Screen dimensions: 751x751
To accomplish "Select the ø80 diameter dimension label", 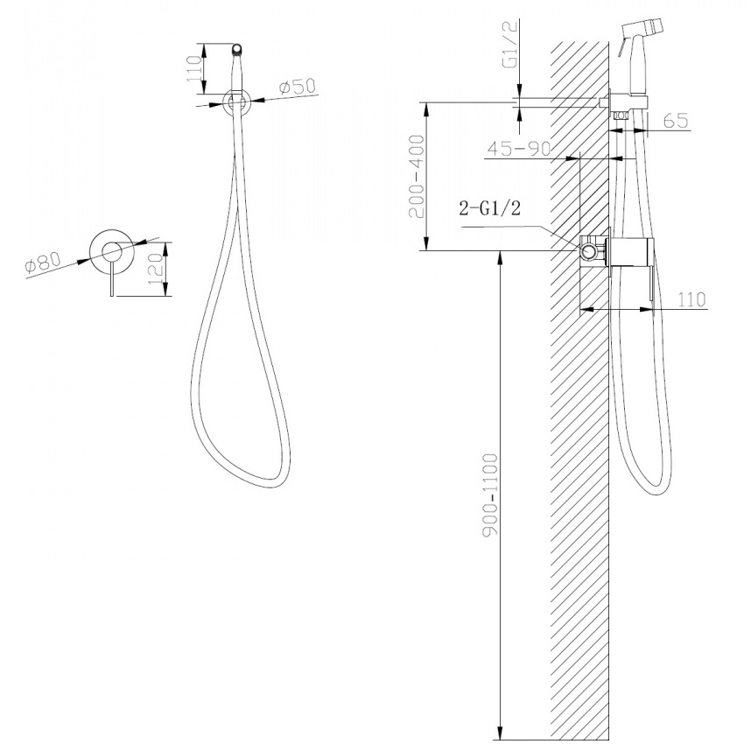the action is (x=43, y=263).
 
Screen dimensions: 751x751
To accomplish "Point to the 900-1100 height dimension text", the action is (x=490, y=494).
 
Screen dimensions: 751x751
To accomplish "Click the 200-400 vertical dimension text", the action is (x=417, y=176).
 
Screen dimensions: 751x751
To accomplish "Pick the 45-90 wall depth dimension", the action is (x=519, y=149).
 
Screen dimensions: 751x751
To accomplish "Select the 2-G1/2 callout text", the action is (x=489, y=208).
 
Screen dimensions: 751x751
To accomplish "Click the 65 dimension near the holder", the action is (x=676, y=121).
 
